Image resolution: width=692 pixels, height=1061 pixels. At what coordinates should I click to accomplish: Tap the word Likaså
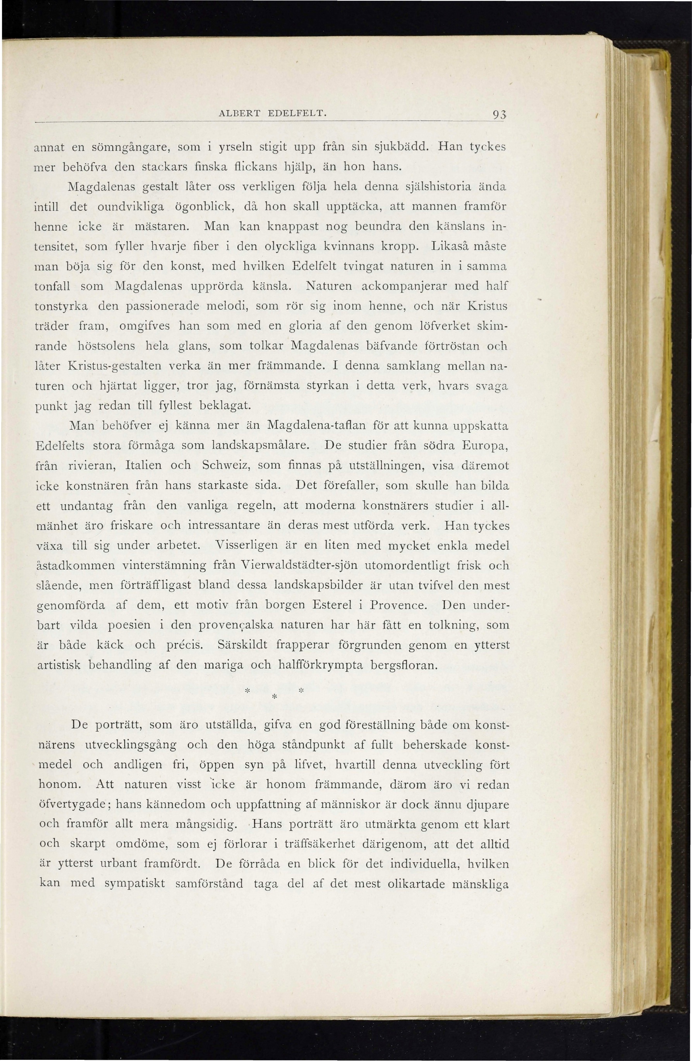[x=450, y=246]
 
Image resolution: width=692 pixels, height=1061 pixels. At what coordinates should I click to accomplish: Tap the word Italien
[x=143, y=466]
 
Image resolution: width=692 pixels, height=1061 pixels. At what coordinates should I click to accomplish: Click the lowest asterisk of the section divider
[x=274, y=696]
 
